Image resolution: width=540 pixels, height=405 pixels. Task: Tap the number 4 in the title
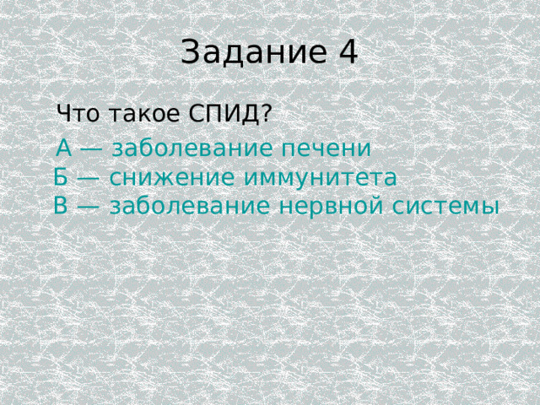(348, 52)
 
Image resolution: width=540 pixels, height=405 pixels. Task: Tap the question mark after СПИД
(267, 112)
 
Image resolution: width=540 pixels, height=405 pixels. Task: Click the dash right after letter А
(92, 149)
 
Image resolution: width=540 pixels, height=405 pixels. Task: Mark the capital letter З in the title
(190, 52)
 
